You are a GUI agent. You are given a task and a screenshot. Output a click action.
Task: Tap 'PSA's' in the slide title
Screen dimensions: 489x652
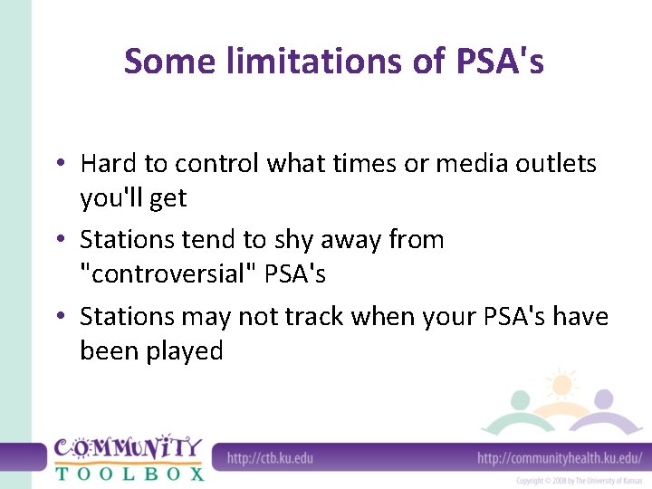[494, 62]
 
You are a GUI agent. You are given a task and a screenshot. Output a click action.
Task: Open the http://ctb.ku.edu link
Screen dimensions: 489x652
[270, 457]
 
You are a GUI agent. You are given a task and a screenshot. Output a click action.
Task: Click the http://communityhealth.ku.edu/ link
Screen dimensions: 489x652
[560, 457]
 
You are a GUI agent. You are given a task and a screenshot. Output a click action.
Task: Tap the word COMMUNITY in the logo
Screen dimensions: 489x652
[127, 448]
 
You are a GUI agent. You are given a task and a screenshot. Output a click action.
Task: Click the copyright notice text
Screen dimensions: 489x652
[578, 481]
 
